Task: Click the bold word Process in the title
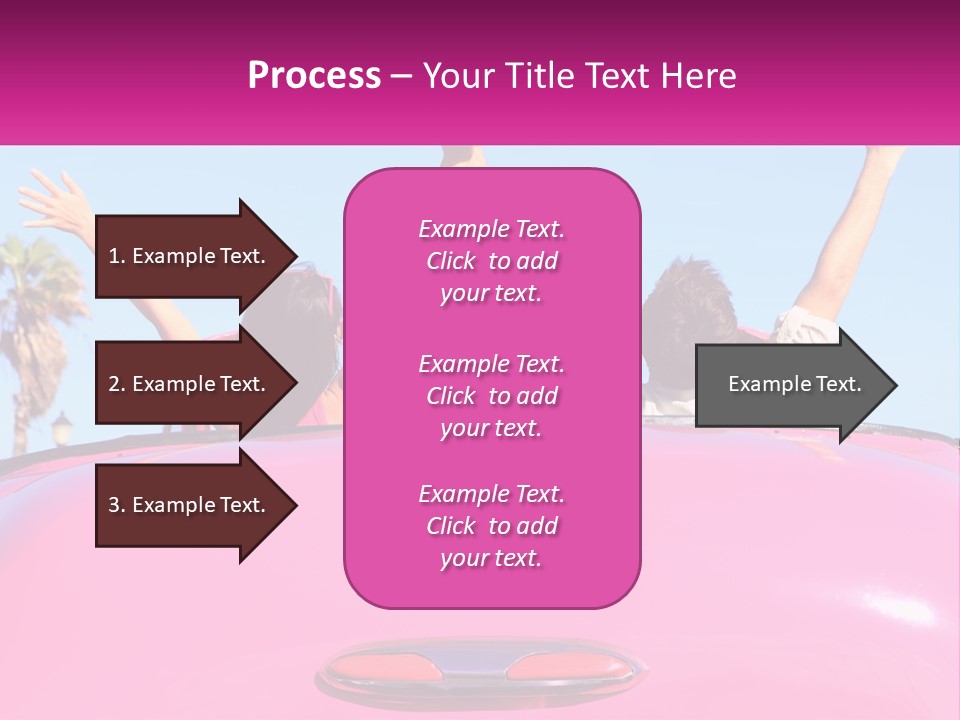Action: click(314, 76)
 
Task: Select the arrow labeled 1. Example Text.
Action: click(190, 256)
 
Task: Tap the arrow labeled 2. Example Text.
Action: click(190, 384)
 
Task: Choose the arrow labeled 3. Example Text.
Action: click(190, 505)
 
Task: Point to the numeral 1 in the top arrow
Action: click(113, 256)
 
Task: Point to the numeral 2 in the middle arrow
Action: click(114, 384)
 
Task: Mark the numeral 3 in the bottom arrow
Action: click(114, 505)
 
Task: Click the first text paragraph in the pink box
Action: click(491, 261)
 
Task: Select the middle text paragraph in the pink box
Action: click(491, 396)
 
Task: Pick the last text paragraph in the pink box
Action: click(491, 526)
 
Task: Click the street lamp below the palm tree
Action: click(61, 425)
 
